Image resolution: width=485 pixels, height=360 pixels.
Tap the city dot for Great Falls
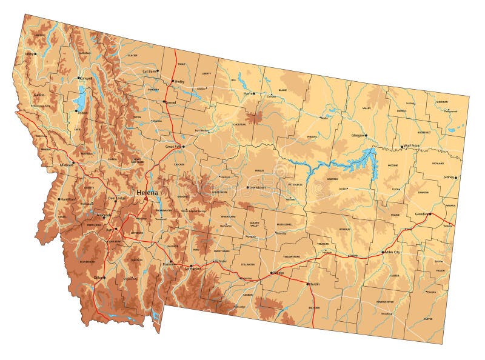185,145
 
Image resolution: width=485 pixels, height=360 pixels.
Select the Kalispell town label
87,79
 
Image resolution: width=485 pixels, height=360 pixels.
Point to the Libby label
28,53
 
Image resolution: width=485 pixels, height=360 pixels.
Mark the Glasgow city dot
366,135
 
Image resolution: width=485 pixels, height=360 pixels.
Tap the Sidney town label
449,177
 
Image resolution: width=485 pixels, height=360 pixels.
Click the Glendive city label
421,214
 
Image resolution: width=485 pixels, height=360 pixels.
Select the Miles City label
391,252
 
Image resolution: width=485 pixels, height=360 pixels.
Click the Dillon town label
99,278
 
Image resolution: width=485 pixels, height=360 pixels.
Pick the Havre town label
247,93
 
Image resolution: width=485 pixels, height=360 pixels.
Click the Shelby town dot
172,81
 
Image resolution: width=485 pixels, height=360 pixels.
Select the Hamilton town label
67,199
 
